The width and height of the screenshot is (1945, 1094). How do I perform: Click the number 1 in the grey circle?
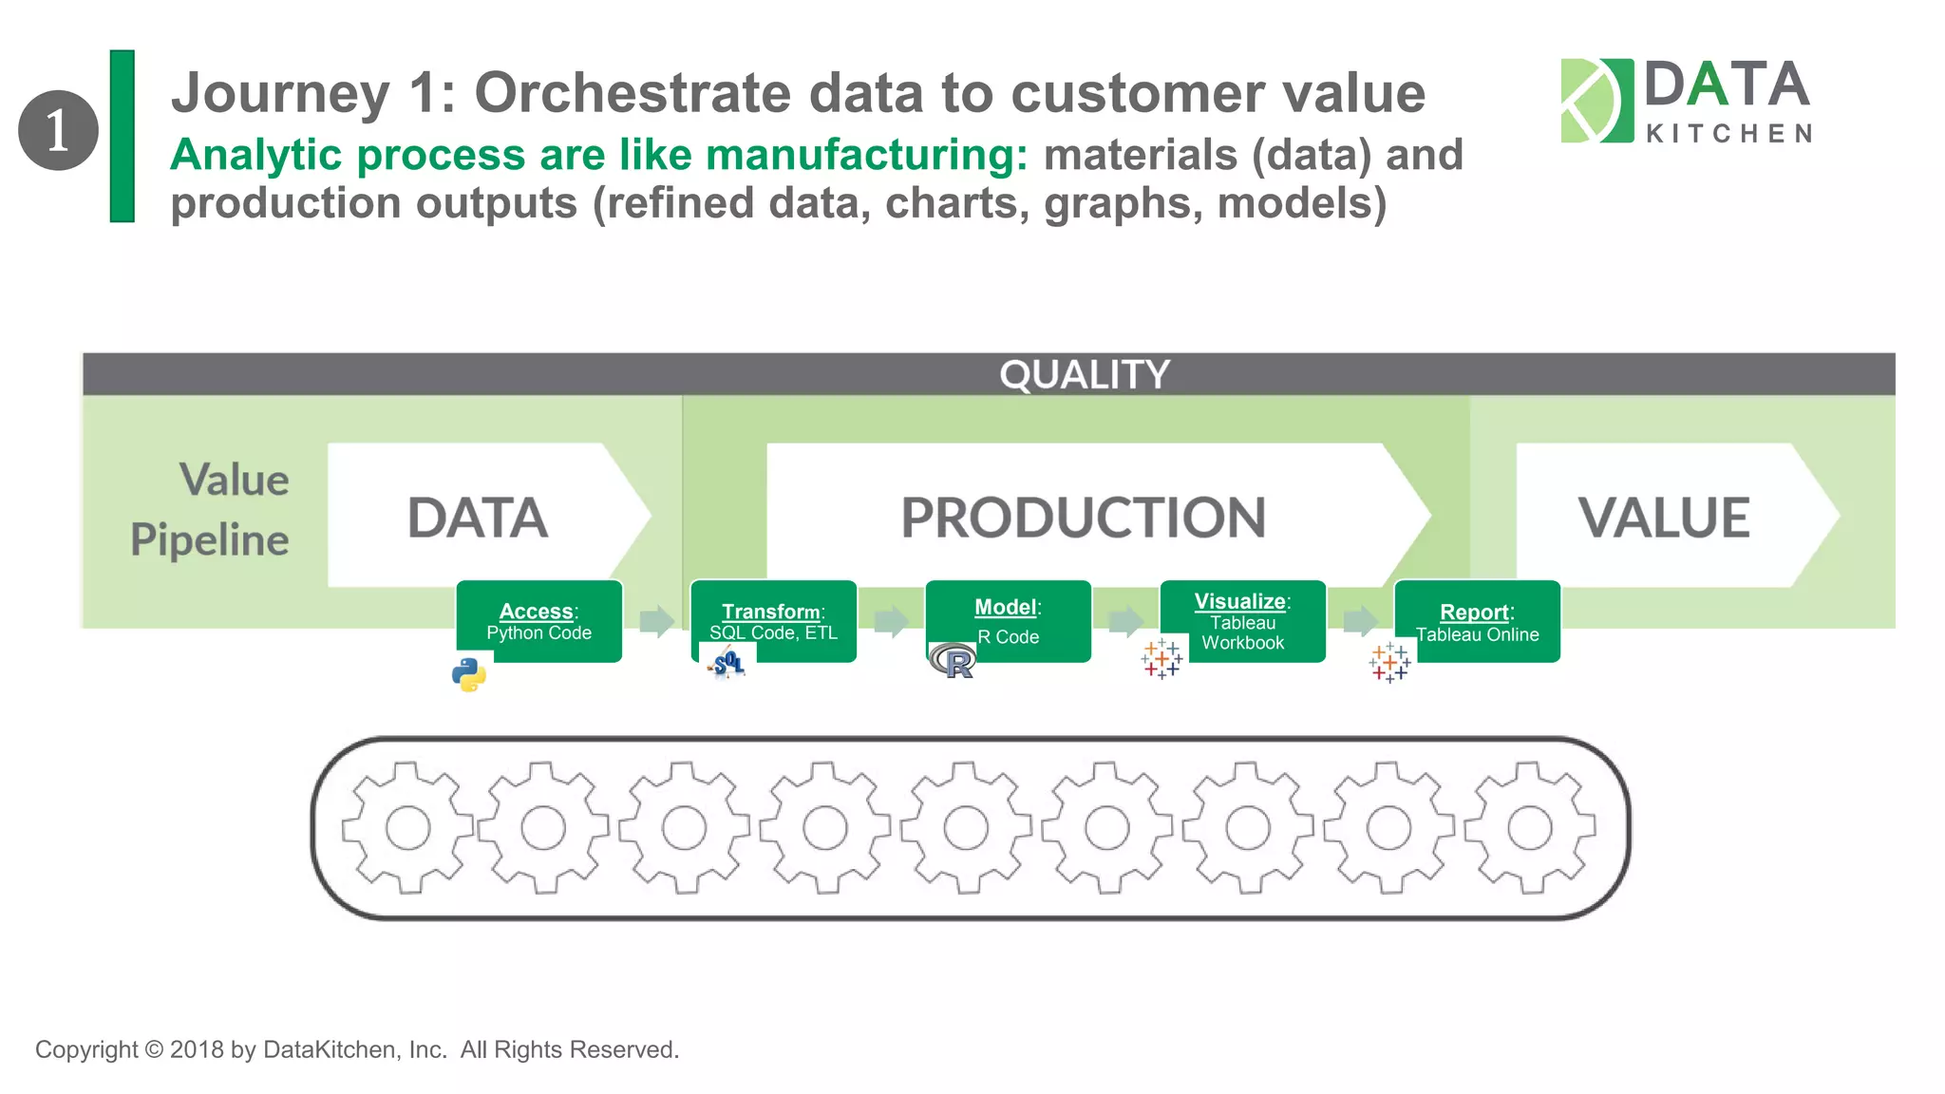58,130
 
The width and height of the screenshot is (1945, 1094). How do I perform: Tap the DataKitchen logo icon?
1596,101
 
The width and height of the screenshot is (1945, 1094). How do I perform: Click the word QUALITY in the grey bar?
1084,375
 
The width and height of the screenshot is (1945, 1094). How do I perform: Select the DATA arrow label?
478,518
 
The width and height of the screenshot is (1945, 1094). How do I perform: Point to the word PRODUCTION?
1083,518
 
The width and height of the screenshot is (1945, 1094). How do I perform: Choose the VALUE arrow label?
1664,518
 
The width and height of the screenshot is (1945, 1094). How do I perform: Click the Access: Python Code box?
539,621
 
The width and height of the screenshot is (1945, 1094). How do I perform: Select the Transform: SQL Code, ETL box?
774,621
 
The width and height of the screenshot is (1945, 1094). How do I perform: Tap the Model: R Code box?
1009,621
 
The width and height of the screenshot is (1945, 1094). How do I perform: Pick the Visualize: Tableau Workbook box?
1243,621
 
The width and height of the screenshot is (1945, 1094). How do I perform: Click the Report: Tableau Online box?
1477,621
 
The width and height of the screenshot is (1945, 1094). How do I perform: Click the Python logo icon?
469,675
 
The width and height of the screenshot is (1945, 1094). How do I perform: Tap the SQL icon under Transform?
727,662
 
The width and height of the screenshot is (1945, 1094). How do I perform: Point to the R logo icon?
954,661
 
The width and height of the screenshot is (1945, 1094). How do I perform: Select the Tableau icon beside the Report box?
1390,662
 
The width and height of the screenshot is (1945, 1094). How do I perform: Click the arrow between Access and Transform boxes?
656,622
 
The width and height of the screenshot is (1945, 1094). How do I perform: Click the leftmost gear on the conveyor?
408,828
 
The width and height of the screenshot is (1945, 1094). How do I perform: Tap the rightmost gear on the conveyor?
1530,828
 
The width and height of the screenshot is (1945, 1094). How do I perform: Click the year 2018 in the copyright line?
197,1049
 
